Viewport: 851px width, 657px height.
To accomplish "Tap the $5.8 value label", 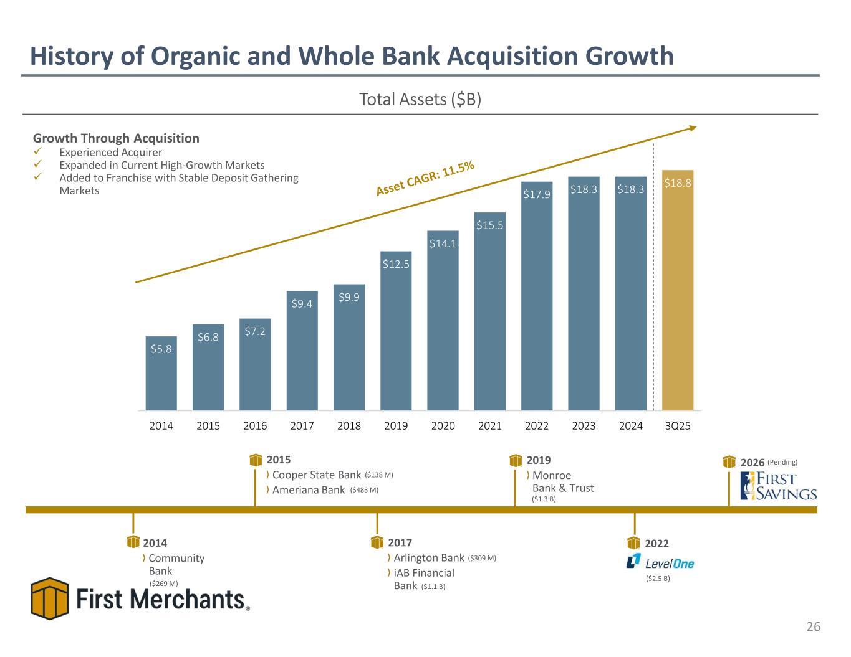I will coord(161,349).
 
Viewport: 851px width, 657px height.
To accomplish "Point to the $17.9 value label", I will coord(536,194).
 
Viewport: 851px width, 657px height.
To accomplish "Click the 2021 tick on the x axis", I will coord(490,427).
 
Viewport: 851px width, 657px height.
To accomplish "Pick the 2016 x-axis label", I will coord(255,427).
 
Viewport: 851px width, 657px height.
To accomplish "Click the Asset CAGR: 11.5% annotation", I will coord(425,179).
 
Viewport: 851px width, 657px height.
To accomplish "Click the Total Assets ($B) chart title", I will coord(420,100).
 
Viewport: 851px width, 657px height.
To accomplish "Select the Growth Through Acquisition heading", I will coord(116,138).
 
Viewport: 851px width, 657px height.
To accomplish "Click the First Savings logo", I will coord(778,486).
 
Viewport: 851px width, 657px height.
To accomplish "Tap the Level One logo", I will coord(660,562).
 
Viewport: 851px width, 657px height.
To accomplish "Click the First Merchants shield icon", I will coord(50,598).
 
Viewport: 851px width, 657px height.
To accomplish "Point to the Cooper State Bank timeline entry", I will coord(317,475).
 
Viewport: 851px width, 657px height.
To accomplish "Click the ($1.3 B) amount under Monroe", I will coord(544,499).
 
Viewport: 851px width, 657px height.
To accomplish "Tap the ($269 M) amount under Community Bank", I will coord(164,584).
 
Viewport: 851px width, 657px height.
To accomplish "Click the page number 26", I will coord(814,626).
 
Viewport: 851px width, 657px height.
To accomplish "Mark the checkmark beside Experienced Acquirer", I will coord(37,153).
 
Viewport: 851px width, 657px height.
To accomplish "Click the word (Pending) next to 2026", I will coord(782,462).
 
